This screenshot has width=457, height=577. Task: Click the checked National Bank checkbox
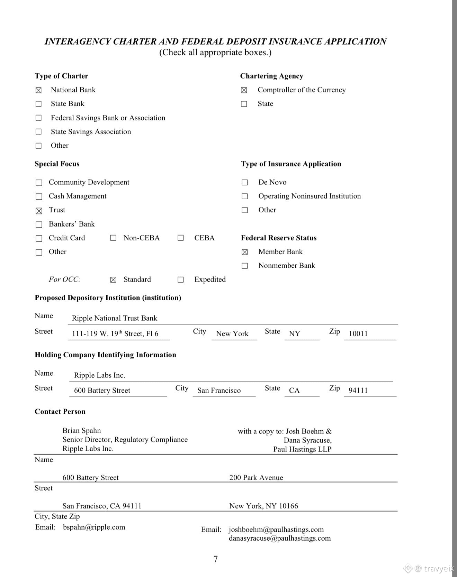pos(38,90)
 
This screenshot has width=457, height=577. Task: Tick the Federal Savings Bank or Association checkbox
pos(38,118)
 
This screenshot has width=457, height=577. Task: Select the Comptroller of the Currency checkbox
pos(244,90)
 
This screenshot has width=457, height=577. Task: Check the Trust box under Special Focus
pos(39,211)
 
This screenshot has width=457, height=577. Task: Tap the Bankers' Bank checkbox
pos(39,225)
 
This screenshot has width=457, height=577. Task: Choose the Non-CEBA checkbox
pos(113,238)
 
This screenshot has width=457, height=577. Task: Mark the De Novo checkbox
pos(245,182)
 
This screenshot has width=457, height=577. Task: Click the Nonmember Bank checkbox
pos(245,266)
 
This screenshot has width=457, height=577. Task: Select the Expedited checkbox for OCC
pos(181,280)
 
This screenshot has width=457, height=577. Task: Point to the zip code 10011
pos(358,334)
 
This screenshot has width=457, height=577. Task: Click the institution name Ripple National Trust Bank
pos(114,318)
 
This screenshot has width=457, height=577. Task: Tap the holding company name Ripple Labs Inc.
pos(99,375)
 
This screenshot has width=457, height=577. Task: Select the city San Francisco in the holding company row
pos(219,391)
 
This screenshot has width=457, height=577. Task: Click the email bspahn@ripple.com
pos(94,527)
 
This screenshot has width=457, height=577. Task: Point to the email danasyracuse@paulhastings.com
pos(280,538)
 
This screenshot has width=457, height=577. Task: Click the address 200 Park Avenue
pos(256,478)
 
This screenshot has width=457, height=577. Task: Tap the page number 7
pos(216,559)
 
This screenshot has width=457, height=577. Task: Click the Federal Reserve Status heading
pos(279,238)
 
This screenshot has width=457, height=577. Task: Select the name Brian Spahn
pos(82,431)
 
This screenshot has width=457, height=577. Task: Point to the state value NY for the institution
pos(294,334)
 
